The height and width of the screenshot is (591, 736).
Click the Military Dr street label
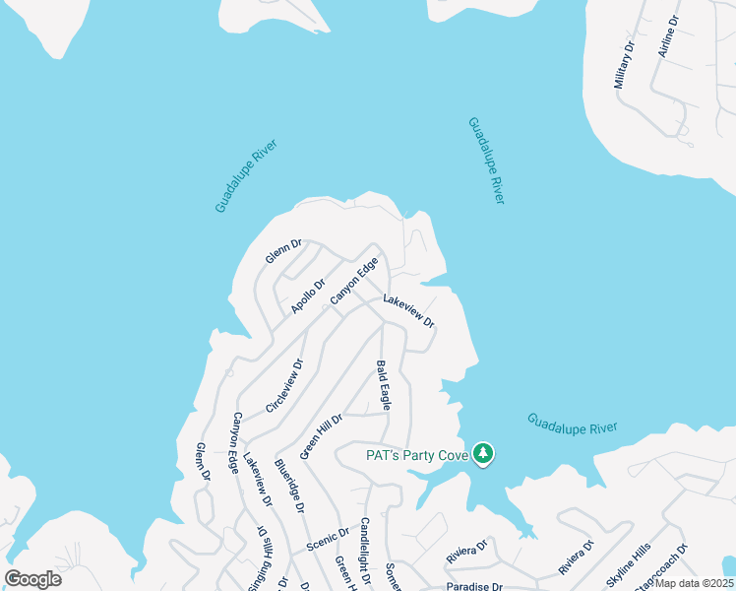click(x=626, y=66)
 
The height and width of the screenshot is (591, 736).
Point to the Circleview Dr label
click(x=285, y=385)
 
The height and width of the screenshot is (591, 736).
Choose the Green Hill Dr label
click(x=321, y=436)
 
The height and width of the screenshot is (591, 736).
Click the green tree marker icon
click(x=483, y=454)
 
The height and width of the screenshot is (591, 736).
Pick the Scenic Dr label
click(x=328, y=539)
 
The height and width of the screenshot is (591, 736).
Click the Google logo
click(x=32, y=579)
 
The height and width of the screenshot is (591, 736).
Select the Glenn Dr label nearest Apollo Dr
click(x=282, y=251)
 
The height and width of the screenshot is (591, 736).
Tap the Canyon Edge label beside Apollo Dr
click(x=354, y=281)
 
